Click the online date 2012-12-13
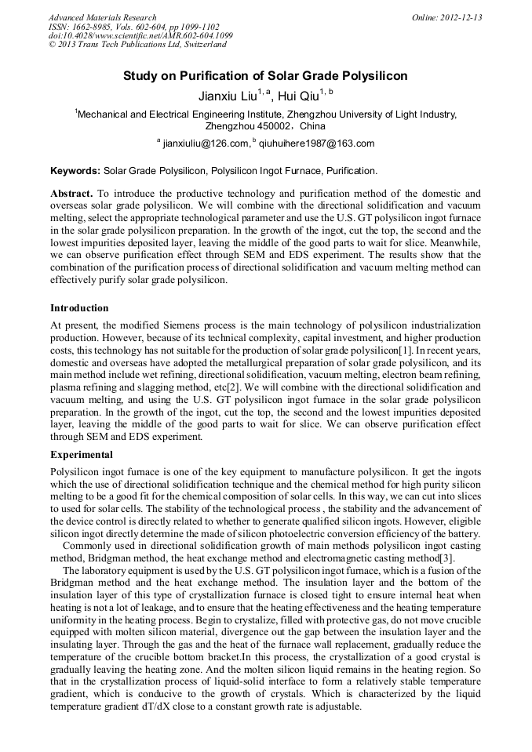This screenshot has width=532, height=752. tap(458, 16)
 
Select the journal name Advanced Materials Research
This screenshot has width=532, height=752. tap(102, 16)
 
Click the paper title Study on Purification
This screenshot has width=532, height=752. tap(265, 77)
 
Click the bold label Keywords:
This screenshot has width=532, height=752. tap(75, 170)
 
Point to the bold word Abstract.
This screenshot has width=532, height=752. tap(71, 193)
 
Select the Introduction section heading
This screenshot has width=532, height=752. tap(79, 307)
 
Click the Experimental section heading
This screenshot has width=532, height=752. tap(82, 454)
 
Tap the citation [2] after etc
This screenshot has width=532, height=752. tap(231, 387)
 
